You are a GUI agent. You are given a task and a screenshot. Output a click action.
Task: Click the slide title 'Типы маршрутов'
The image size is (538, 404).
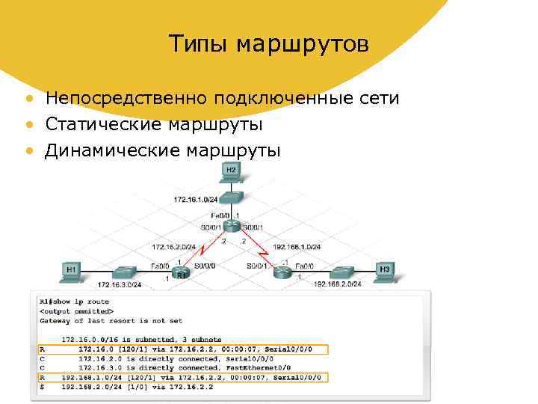[268, 44]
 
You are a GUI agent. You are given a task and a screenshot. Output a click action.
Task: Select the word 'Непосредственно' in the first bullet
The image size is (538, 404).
[126, 98]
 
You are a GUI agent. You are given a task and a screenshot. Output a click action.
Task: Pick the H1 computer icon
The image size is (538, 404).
[72, 270]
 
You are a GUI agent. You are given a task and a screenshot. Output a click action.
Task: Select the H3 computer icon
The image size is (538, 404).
[385, 270]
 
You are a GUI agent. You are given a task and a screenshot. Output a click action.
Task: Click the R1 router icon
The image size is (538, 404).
[179, 272]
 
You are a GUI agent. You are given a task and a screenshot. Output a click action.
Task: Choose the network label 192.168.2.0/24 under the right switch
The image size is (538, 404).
[337, 284]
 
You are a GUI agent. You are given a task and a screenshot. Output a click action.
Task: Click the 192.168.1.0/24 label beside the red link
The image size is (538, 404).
[297, 246]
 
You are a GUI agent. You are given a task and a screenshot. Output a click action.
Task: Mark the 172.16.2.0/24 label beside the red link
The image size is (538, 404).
[174, 246]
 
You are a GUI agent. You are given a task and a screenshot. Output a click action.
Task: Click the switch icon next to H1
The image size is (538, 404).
[123, 270]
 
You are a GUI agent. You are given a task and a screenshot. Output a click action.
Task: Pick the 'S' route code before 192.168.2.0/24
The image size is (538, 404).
[42, 388]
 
